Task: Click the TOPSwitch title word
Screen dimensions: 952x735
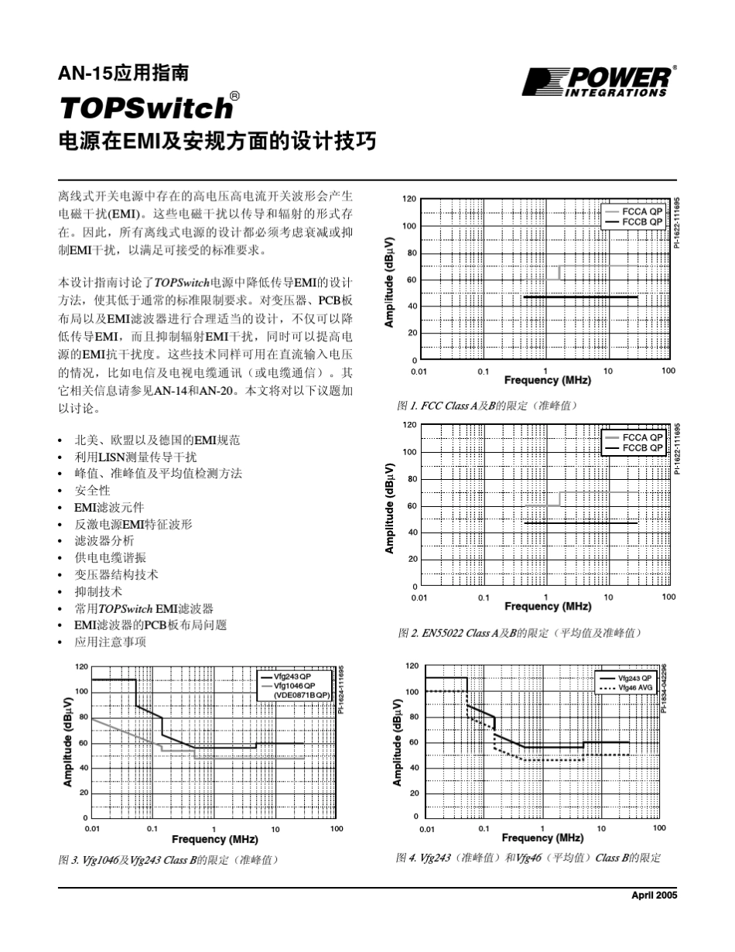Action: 145,108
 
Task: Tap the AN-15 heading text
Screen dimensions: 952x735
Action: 124,74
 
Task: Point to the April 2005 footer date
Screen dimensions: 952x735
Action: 655,895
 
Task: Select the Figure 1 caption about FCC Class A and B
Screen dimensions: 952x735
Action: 487,406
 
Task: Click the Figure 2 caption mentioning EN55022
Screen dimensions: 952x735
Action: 519,633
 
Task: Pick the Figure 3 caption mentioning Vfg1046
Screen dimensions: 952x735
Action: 168,859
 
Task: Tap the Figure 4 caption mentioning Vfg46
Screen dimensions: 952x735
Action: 528,858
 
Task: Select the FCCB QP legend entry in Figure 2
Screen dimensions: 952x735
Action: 642,448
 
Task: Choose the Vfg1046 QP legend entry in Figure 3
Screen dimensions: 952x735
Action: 295,686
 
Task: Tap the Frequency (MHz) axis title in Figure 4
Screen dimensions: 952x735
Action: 542,837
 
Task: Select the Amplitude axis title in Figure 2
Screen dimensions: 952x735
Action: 391,509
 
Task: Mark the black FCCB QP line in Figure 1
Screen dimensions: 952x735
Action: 580,297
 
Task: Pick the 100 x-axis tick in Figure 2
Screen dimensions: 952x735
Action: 668,597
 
